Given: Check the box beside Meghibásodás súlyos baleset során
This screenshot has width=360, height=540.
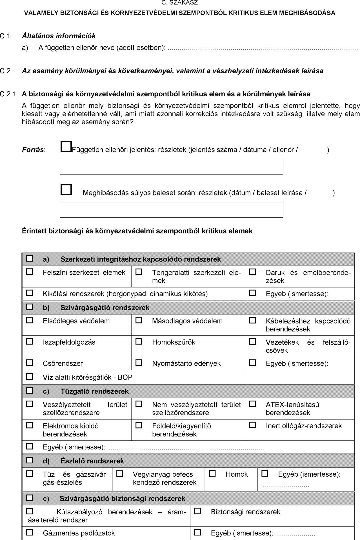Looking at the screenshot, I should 66,189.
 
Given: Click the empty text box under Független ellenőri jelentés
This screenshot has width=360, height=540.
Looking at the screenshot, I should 171,167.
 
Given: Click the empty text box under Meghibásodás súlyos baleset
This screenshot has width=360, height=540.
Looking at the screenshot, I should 171,210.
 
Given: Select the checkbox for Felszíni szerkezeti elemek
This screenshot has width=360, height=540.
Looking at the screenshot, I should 29,272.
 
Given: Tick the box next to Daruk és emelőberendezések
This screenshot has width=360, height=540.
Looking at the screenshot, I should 253,272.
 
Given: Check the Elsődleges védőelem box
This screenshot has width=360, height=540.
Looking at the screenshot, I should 29,320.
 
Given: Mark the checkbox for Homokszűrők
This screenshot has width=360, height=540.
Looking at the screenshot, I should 139,342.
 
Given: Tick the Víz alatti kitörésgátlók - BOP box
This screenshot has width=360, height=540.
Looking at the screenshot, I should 29,376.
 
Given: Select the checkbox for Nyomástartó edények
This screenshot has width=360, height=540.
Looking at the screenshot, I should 139,363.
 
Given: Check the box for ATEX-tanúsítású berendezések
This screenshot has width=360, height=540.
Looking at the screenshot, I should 253,404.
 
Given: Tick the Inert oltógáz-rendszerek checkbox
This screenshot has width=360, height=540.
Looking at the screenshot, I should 253,425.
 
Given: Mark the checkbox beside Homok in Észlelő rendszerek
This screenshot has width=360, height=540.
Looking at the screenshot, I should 212,474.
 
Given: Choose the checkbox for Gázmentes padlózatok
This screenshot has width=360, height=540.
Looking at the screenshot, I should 29,532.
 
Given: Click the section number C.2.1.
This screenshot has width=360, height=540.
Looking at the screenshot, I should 9,94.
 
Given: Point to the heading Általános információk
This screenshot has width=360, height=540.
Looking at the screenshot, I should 59,36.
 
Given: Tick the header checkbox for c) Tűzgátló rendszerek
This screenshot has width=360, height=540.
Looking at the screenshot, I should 29,391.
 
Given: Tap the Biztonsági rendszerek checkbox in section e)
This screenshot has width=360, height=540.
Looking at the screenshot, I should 198,511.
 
